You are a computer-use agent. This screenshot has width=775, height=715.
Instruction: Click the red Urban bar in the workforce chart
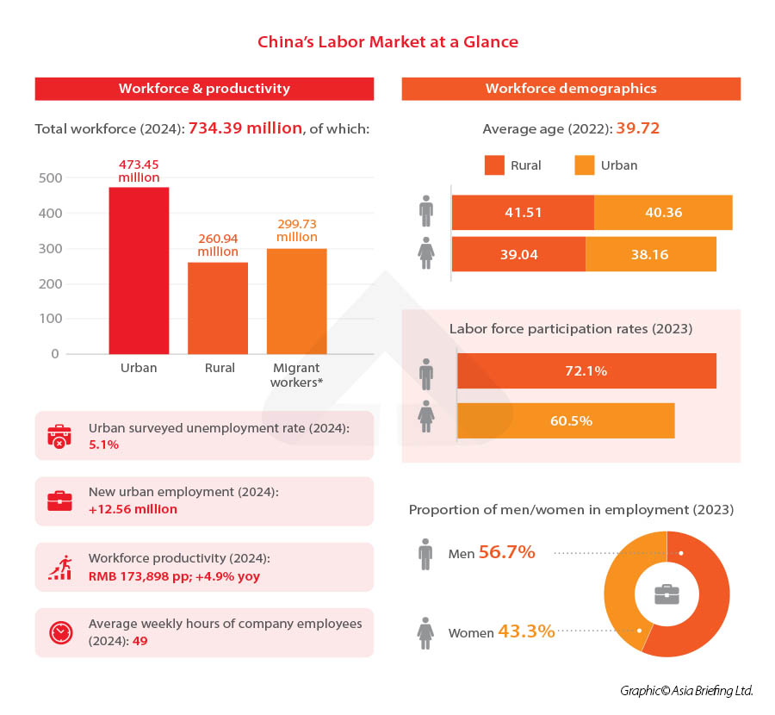139,270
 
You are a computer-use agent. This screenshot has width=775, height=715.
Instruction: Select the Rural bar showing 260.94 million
219,308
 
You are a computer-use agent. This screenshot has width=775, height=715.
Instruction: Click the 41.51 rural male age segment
522,213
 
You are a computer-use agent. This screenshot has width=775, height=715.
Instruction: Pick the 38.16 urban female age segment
650,255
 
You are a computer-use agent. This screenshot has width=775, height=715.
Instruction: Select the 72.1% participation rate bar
586,371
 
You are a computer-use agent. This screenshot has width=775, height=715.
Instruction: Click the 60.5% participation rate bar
566,421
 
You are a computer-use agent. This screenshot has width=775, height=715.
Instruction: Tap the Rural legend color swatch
494,165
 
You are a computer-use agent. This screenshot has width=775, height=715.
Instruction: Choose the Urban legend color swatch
586,165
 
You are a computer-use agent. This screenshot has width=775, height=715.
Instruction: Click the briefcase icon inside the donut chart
666,594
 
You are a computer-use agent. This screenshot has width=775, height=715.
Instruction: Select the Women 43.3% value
525,631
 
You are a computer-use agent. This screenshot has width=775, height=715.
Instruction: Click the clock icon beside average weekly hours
59,633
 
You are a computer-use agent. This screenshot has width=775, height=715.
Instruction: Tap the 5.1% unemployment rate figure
103,445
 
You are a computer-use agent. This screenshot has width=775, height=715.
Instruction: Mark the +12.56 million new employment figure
133,509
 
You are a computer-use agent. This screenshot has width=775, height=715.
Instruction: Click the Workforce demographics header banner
571,89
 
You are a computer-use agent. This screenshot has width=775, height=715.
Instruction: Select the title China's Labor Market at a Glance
387,41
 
